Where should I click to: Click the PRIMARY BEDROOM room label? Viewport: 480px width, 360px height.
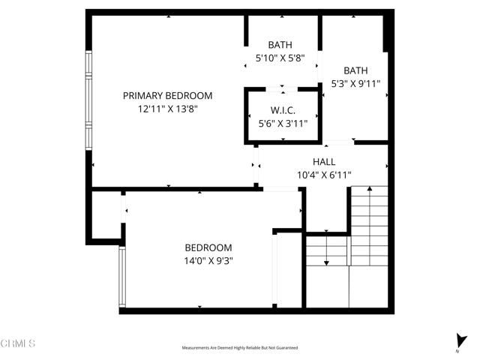[x=167, y=96]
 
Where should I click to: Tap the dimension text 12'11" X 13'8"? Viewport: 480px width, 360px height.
[x=167, y=109]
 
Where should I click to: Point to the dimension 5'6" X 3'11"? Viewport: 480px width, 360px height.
[x=283, y=124]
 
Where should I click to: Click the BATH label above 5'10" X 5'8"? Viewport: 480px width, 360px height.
[x=282, y=44]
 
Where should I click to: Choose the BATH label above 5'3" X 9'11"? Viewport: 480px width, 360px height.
[x=355, y=71]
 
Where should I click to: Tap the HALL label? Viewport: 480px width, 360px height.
[x=323, y=162]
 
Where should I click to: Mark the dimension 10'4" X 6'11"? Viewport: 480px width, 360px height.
[x=323, y=175]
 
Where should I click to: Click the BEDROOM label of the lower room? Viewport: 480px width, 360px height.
[x=208, y=247]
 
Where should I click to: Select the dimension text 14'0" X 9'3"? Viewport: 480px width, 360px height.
[x=208, y=261]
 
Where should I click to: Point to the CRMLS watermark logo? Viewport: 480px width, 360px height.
[x=18, y=343]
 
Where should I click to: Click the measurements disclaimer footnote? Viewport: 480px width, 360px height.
[x=240, y=348]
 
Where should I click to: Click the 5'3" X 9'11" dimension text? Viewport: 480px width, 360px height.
[x=355, y=85]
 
